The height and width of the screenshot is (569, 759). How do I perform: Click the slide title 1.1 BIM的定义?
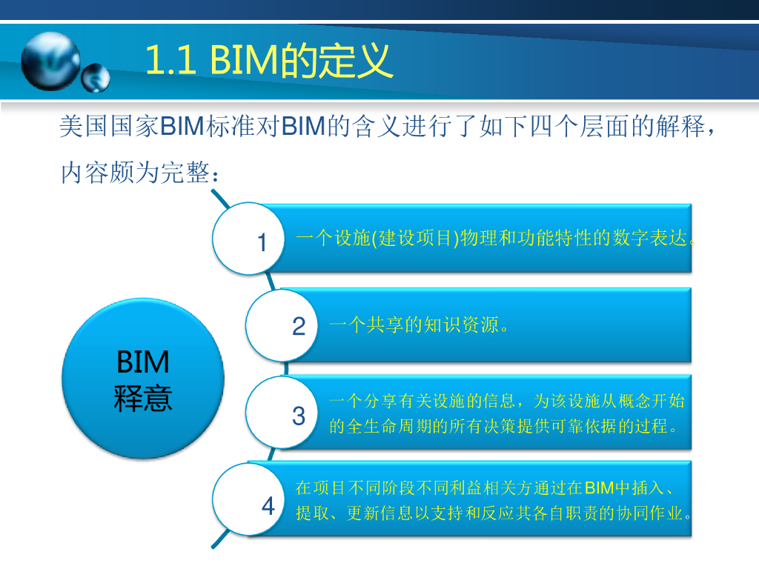pos(268,61)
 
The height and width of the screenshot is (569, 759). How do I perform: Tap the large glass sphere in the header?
pos(50,59)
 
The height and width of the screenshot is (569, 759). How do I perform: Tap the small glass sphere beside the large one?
pos(95,78)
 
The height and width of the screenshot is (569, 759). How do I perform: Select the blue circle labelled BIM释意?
pos(143,379)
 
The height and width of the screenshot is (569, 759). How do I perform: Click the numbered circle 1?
pos(248,239)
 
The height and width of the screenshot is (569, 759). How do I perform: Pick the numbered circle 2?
pos(282,325)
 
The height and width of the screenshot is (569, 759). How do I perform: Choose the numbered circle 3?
pos(282,415)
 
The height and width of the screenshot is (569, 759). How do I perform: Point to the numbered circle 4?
pos(250,505)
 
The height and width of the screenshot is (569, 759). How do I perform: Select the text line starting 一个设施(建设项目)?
pos(496,239)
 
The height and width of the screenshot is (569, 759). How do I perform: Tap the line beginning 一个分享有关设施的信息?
pos(506,402)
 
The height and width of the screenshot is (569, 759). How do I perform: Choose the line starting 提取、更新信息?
pos(494,513)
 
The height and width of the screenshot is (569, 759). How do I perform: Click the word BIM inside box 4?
pos(599,488)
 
